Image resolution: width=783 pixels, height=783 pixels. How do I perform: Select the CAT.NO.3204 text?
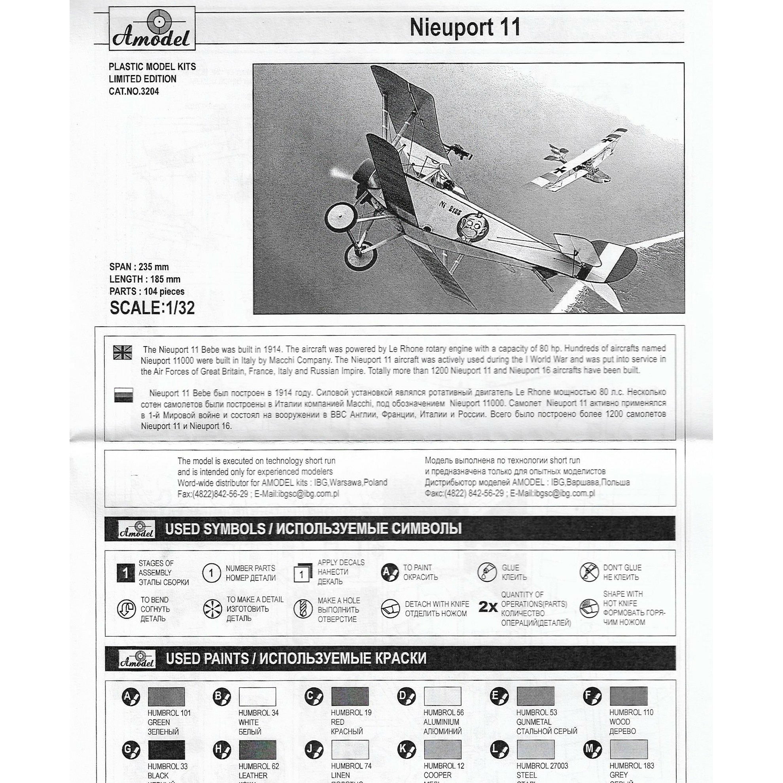coord(134,92)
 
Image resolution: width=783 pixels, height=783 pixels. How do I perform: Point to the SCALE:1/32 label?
coord(152,308)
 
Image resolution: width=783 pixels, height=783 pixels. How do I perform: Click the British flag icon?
coord(123,353)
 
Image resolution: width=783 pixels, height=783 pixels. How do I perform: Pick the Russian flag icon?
coord(123,395)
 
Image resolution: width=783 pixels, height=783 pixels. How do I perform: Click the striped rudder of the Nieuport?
coord(612,261)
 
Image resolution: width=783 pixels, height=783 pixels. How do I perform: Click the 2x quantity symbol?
coord(488,607)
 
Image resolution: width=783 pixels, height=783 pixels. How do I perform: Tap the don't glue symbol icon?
coord(589,572)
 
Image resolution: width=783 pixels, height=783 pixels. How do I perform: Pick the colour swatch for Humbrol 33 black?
coord(166,750)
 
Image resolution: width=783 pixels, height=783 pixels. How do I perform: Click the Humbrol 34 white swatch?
coord(257,697)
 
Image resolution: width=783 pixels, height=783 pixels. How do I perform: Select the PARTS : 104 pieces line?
coord(147,292)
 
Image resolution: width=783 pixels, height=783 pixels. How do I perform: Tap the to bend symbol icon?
coord(126,609)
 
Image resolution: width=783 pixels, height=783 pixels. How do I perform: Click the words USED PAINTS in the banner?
coord(207,658)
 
